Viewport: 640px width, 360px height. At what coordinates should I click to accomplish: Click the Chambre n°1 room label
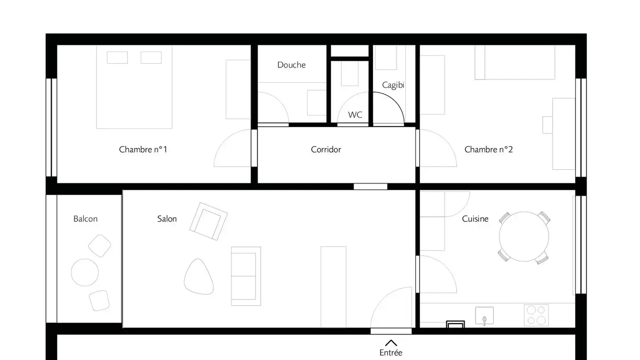pyautogui.click(x=143, y=149)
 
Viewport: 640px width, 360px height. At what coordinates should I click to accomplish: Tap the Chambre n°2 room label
pyautogui.click(x=488, y=149)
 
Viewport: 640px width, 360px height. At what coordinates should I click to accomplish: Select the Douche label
pyautogui.click(x=292, y=65)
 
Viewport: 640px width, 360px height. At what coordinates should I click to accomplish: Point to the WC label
pyautogui.click(x=355, y=115)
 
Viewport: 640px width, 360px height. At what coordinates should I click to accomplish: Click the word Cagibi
pyautogui.click(x=393, y=85)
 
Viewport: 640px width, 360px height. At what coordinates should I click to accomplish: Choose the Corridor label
pyautogui.click(x=326, y=149)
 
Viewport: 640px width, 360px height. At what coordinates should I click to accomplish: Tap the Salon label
pyautogui.click(x=167, y=219)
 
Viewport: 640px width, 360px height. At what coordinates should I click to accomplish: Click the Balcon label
pyautogui.click(x=85, y=219)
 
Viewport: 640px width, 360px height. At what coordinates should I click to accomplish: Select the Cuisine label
pyautogui.click(x=475, y=219)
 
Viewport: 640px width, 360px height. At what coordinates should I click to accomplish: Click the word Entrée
pyautogui.click(x=391, y=353)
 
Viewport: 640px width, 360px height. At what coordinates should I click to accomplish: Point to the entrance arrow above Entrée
pyautogui.click(x=391, y=343)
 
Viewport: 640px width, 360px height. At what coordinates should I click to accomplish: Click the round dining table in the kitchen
pyautogui.click(x=524, y=237)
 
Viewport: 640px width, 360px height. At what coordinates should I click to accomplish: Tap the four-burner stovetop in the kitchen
pyautogui.click(x=536, y=315)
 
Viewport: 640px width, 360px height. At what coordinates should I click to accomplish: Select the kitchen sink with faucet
pyautogui.click(x=484, y=316)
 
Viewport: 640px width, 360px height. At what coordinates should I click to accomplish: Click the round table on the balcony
pyautogui.click(x=85, y=272)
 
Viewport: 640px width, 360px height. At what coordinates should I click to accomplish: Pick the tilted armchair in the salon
pyautogui.click(x=208, y=221)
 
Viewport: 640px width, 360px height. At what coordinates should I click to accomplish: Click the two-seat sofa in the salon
pyautogui.click(x=245, y=276)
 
